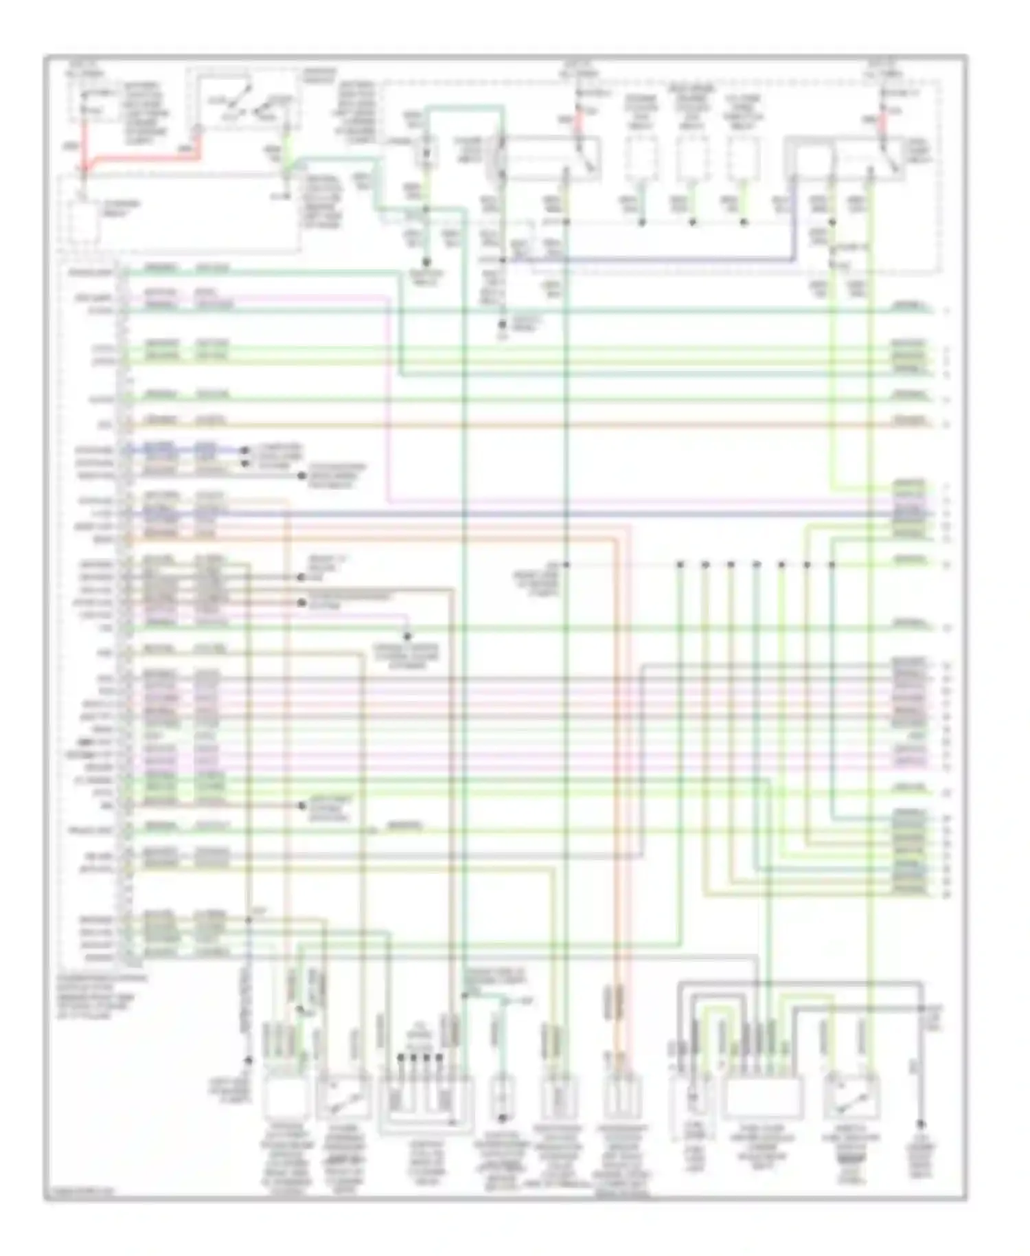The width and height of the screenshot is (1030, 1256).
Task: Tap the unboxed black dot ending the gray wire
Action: pos(921,1125)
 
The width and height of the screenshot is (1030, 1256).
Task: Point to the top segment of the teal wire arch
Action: pos(464,107)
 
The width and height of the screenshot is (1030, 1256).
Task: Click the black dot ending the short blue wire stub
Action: pos(244,451)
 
